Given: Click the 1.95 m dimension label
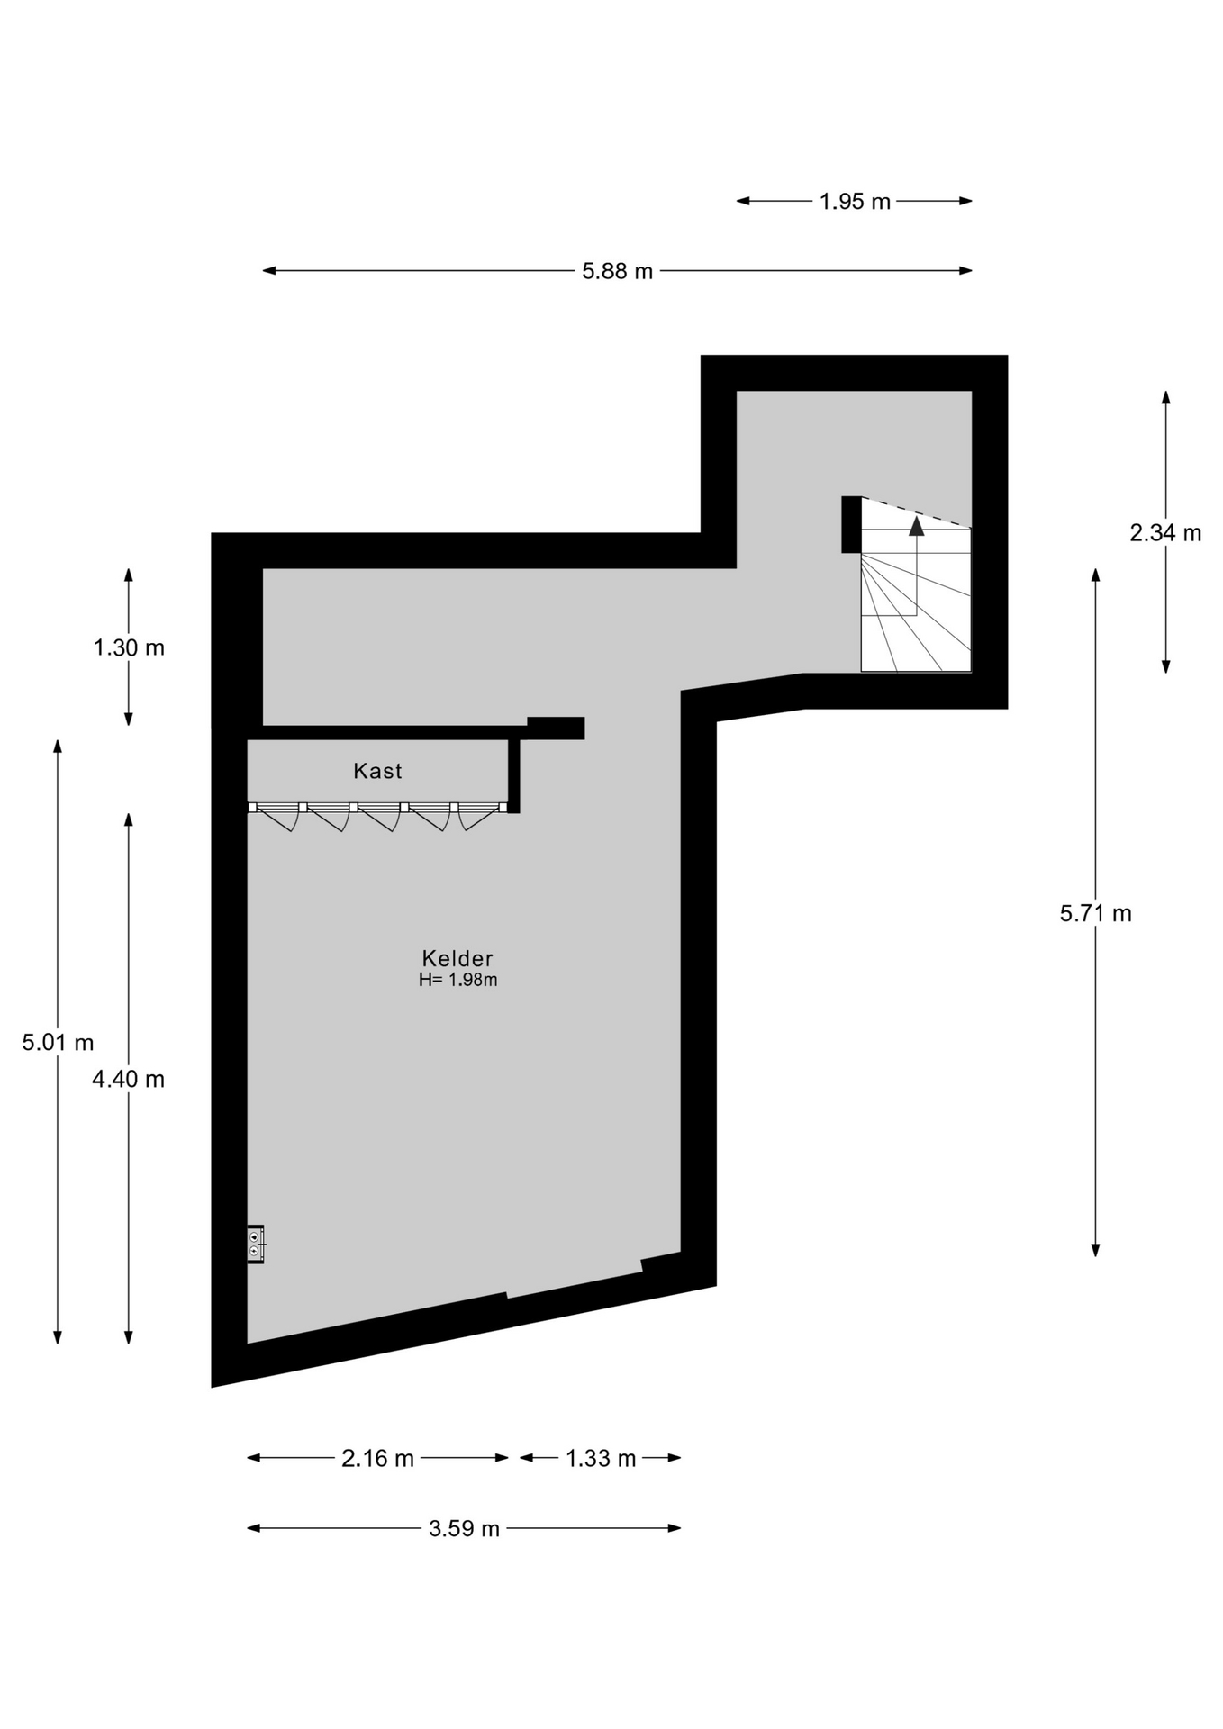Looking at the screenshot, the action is [855, 202].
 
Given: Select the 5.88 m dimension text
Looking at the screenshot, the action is [617, 271].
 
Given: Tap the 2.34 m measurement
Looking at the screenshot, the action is [1165, 533].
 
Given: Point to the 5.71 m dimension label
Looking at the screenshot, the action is [1095, 913].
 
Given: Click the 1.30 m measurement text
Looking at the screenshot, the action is [129, 647].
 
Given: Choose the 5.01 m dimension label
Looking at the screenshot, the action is [58, 1043].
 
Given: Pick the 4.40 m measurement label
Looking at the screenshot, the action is [128, 1079].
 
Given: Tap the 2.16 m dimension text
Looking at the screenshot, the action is [377, 1458].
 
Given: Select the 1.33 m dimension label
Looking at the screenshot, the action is [601, 1458].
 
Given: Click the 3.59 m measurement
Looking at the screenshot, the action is [464, 1528].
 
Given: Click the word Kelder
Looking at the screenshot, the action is [457, 958].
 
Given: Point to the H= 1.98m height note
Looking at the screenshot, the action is [457, 980].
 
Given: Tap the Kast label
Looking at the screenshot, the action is [377, 771].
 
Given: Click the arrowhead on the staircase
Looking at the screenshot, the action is [916, 526].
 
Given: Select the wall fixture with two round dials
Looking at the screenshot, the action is [256, 1245].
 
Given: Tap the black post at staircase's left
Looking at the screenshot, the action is [851, 524].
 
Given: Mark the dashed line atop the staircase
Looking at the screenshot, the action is [916, 512].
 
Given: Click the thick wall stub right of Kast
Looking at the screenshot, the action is [556, 728].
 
